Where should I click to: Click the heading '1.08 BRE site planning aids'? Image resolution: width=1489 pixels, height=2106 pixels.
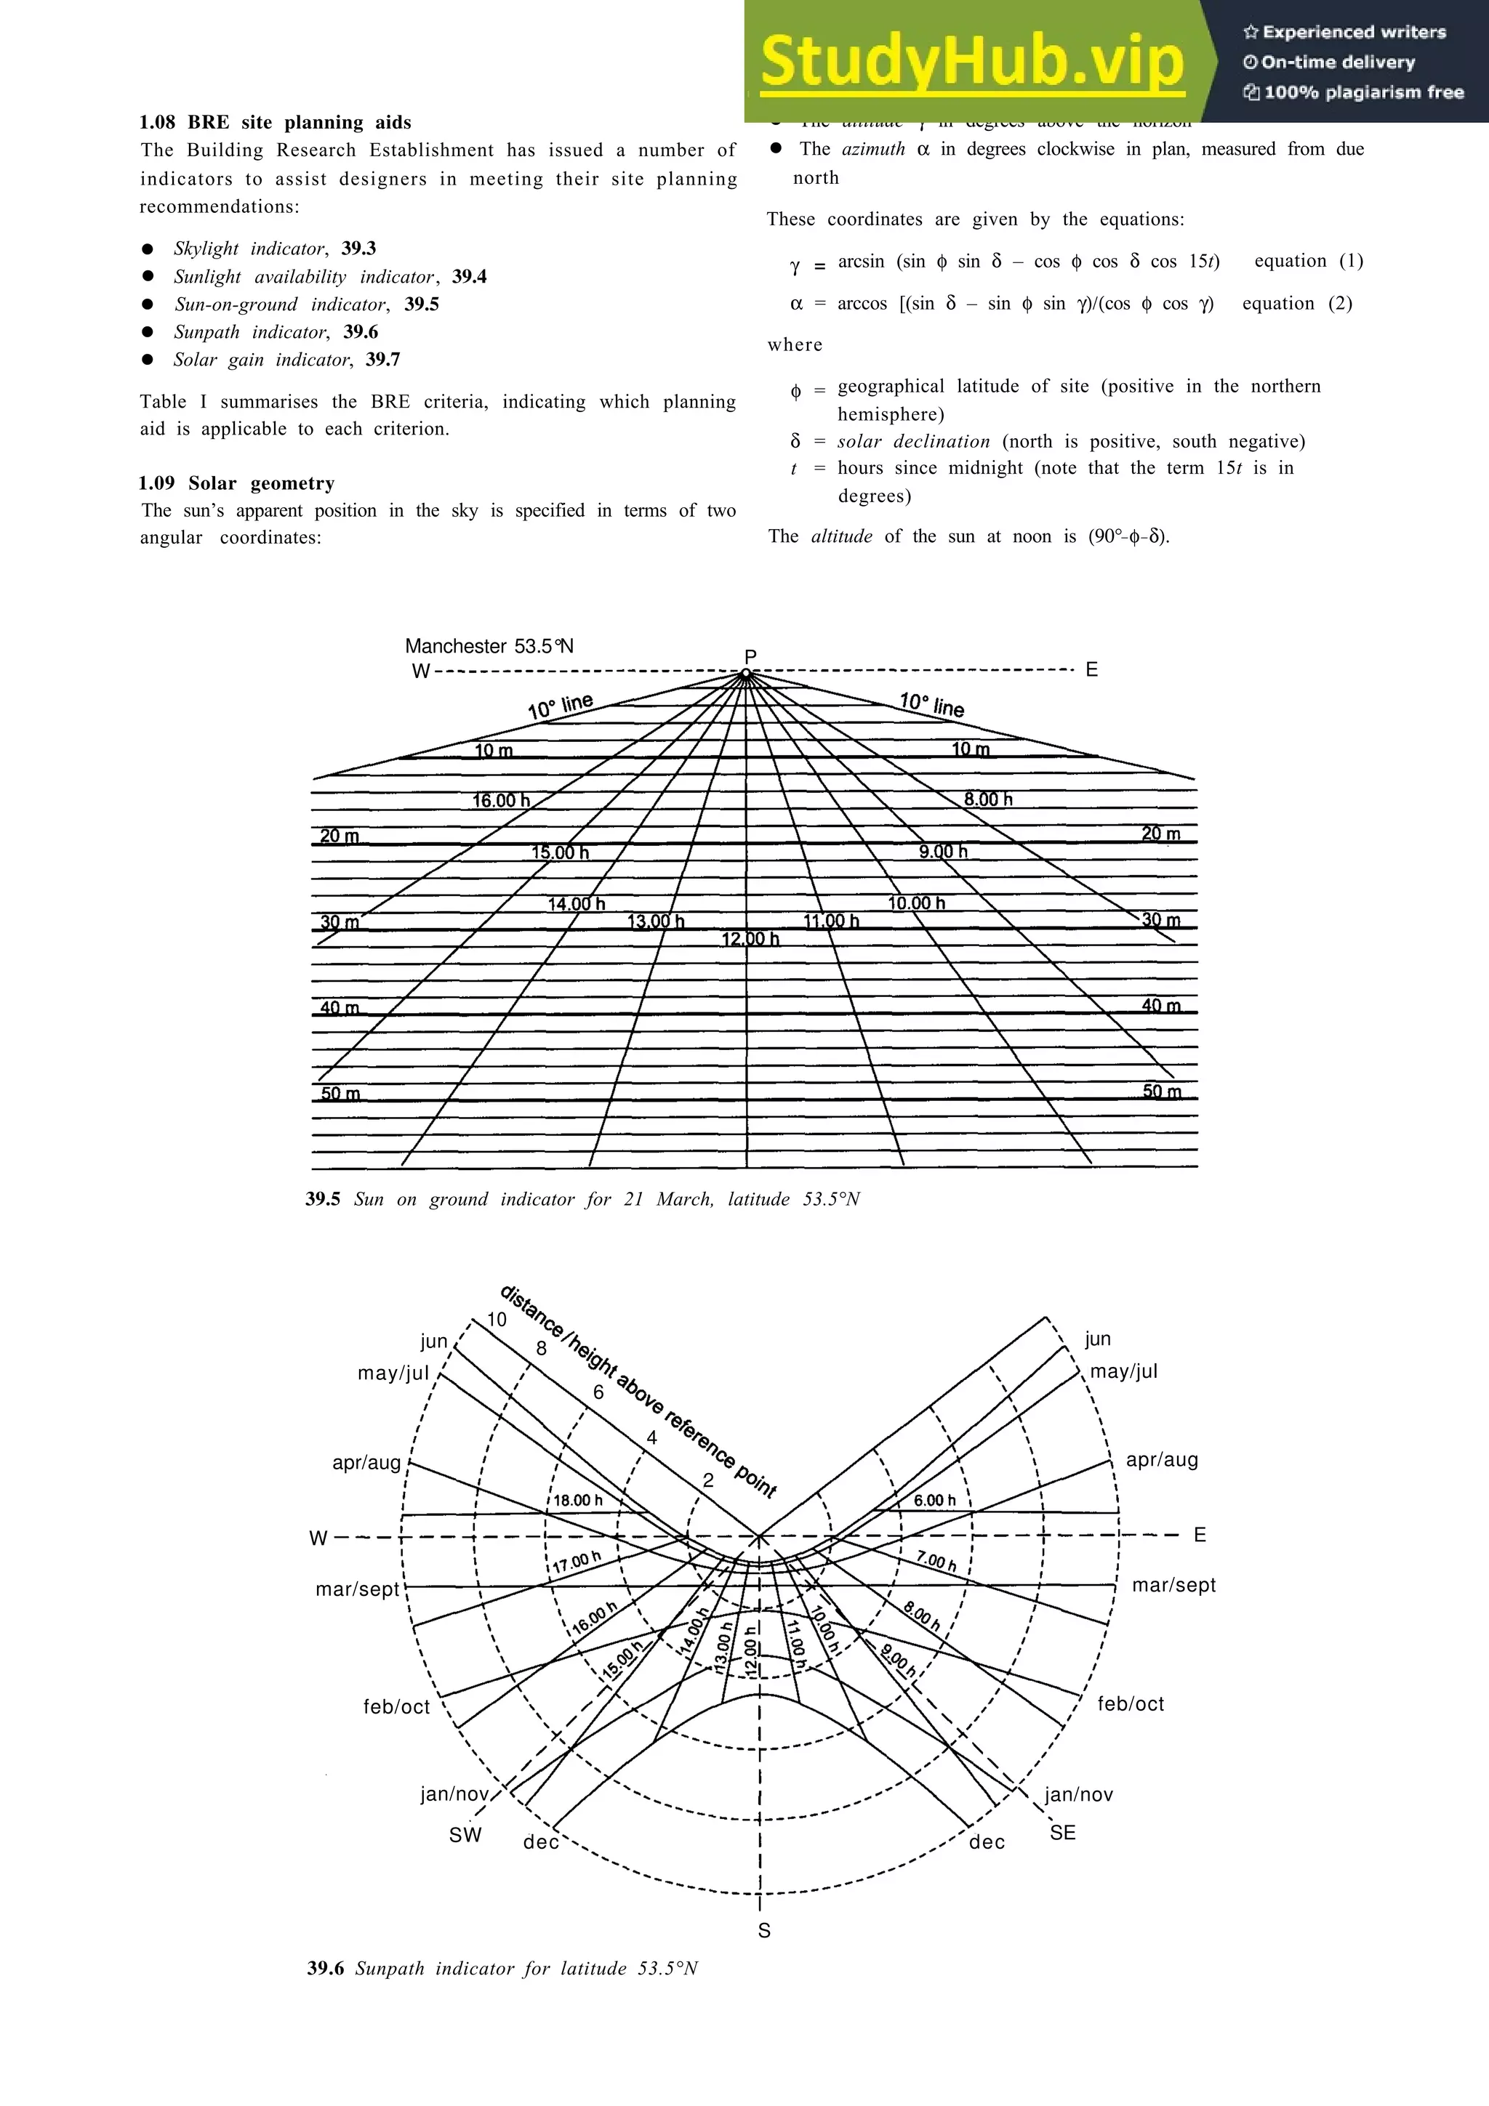(276, 122)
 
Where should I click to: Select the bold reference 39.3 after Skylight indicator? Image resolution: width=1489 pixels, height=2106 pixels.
(358, 249)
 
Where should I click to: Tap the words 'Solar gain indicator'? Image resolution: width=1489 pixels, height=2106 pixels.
(262, 360)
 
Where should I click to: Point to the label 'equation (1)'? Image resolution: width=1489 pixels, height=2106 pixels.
(1308, 260)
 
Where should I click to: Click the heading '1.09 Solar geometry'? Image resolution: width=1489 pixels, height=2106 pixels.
(237, 483)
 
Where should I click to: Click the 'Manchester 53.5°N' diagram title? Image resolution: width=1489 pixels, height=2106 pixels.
(489, 646)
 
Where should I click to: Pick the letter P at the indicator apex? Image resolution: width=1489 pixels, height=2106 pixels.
(750, 655)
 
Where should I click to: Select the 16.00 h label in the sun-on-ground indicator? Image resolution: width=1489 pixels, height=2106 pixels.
(501, 801)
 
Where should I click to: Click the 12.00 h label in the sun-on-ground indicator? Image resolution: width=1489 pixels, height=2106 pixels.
(750, 938)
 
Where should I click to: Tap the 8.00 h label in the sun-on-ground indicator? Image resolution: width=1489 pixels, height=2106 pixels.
(988, 799)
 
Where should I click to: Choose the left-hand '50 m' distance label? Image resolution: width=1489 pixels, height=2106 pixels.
(340, 1094)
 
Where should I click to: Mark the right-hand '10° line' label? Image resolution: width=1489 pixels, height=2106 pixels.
(931, 704)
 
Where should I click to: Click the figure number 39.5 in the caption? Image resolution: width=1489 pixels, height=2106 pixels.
(323, 1199)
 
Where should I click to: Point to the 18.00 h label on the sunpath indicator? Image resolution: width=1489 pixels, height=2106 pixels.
(578, 1500)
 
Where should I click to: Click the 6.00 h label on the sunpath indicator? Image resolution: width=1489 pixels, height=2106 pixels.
(934, 1500)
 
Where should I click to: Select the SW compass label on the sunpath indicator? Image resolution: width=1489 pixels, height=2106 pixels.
(465, 1833)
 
